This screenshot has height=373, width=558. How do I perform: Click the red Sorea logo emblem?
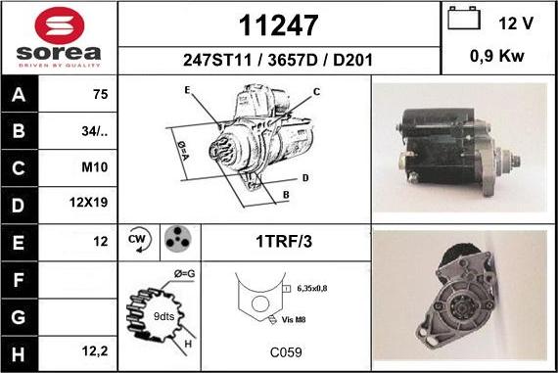pyautogui.click(x=60, y=26)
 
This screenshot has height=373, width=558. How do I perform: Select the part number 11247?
pyautogui.click(x=278, y=25)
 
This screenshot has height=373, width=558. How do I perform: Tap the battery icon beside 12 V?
pyautogui.click(x=464, y=18)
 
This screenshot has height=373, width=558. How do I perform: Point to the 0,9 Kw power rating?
pyautogui.click(x=497, y=56)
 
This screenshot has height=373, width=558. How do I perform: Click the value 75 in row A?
pyautogui.click(x=100, y=94)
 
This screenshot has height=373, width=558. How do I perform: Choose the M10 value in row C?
pyautogui.click(x=94, y=167)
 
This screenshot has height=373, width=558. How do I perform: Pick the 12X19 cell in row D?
pyautogui.click(x=88, y=203)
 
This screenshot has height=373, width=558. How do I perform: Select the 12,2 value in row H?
pyautogui.click(x=95, y=351)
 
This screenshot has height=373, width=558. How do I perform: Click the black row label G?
pyautogui.click(x=19, y=317)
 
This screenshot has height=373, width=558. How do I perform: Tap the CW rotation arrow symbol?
pyautogui.click(x=139, y=240)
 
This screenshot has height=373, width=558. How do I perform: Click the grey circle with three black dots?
pyautogui.click(x=177, y=238)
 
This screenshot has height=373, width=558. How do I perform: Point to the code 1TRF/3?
pyautogui.click(x=284, y=241)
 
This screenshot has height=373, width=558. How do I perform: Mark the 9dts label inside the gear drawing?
pyautogui.click(x=163, y=316)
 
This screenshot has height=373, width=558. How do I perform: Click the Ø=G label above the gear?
pyautogui.click(x=184, y=274)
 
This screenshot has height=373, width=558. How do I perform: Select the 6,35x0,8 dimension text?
pyautogui.click(x=311, y=288)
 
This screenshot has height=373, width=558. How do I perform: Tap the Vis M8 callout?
pyautogui.click(x=294, y=319)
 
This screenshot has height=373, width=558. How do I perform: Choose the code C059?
pyautogui.click(x=286, y=352)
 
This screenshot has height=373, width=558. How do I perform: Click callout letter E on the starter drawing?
pyautogui.click(x=188, y=90)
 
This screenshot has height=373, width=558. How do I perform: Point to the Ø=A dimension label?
pyautogui.click(x=182, y=151)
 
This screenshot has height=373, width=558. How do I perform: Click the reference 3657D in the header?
pyautogui.click(x=292, y=60)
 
